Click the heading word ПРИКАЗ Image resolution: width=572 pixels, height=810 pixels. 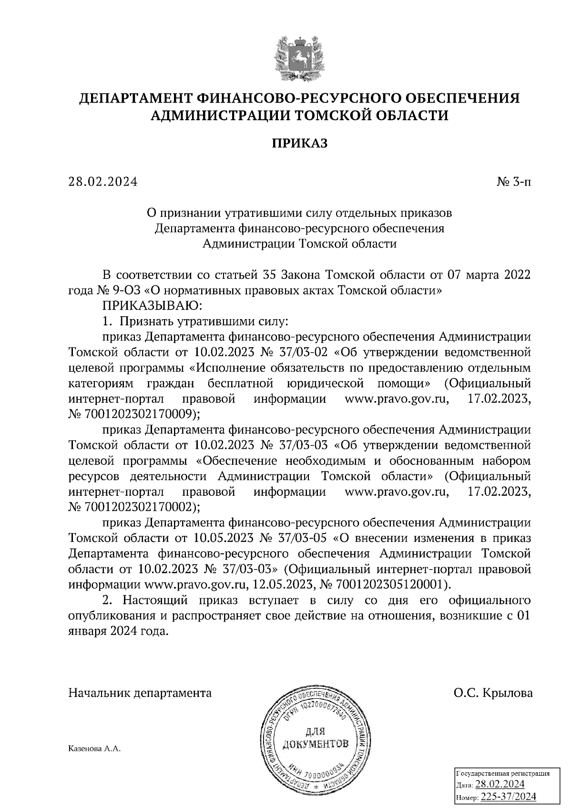click(300, 143)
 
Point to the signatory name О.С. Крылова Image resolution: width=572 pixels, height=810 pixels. click(493, 693)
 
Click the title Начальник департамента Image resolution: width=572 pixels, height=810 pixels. click(140, 693)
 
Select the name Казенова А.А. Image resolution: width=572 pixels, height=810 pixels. click(95, 748)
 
